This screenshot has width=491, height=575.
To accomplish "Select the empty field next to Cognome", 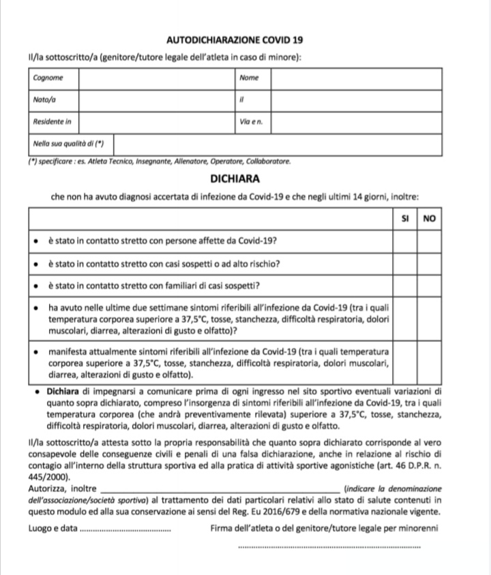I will pos(156,79).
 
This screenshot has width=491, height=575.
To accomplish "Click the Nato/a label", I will pos(44,100).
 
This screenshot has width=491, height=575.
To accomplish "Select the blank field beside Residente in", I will pos(156,122).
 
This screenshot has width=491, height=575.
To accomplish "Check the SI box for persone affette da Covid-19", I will pos(406,242).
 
